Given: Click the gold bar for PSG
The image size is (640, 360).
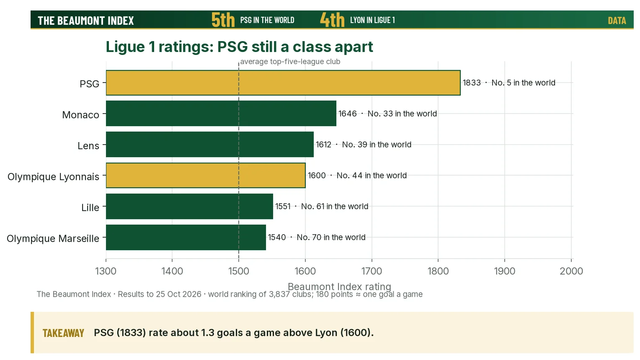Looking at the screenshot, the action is tap(283, 83).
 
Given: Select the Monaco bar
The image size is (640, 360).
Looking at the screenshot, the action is tap(221, 113).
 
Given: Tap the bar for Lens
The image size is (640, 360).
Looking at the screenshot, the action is tap(210, 145).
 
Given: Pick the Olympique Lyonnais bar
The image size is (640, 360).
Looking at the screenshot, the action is tap(206, 175).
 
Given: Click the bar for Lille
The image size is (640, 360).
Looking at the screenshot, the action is tap(189, 206).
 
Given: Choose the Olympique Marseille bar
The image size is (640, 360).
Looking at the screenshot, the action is tap(186, 237).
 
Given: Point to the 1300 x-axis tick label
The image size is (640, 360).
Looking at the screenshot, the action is tap(106, 271).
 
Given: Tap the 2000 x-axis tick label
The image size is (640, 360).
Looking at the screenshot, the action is tap(571, 271).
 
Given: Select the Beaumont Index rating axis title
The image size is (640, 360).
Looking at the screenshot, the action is tap(339, 286).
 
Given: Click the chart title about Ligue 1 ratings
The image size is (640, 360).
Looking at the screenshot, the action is tap(240, 47).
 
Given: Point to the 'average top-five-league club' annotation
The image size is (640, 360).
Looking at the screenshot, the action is tap(290, 62).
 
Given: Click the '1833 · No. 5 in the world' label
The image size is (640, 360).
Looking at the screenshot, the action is tap(509, 83).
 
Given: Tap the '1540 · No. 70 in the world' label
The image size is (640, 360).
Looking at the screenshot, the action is tap(317, 237).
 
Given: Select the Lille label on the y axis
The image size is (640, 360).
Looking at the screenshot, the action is tap(90, 207).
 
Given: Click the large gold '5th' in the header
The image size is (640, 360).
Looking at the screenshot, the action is tap(223, 20).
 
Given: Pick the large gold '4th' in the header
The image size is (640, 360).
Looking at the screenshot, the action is tap(332, 20).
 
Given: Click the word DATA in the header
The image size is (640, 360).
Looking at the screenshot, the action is tap(617, 21).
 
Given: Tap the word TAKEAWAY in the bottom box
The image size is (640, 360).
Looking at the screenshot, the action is tap(63, 333).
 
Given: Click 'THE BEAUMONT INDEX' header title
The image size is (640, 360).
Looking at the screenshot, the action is tap(86, 21).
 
